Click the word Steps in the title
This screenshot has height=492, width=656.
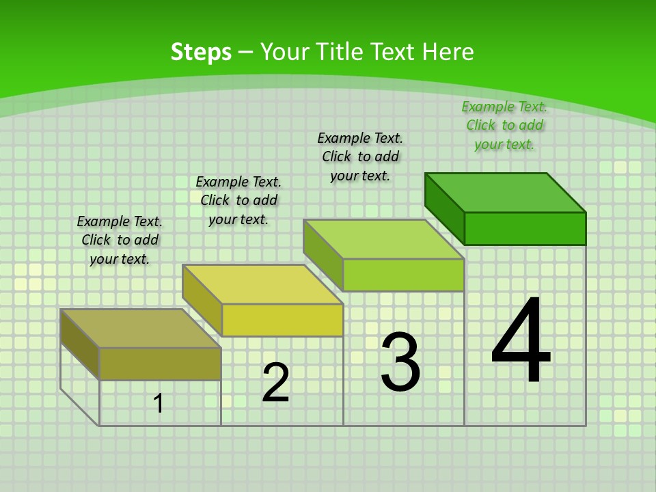201,52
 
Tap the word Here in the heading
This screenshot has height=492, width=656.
448,52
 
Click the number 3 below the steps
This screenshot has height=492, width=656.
400,362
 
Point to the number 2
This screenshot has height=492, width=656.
275,383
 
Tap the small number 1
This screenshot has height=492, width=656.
159,403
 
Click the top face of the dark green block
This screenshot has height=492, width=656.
506,193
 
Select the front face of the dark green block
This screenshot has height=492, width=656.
525,228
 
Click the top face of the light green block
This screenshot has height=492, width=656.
384,239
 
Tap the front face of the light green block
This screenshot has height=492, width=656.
403,275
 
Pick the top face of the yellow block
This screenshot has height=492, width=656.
262,284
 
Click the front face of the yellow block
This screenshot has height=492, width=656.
282,320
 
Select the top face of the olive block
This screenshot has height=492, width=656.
141,329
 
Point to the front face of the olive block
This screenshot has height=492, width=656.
160,364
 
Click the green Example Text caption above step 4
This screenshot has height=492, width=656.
504,125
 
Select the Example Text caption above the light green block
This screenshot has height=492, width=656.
360,156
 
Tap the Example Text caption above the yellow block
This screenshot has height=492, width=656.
238,200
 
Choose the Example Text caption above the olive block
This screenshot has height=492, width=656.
120,240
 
